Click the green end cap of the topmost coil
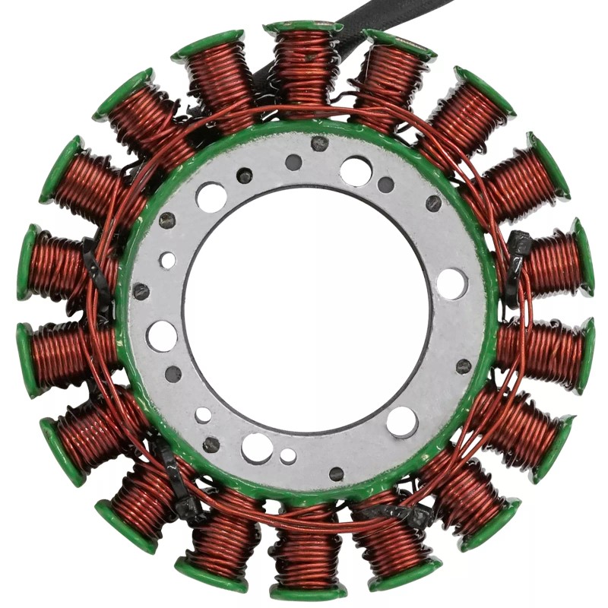click(303, 27)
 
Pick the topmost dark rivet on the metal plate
click(320, 143)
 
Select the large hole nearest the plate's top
click(356, 171)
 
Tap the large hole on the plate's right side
click(451, 283)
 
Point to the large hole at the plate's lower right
click(402, 422)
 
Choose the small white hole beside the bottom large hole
click(288, 456)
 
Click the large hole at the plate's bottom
click(257, 448)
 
